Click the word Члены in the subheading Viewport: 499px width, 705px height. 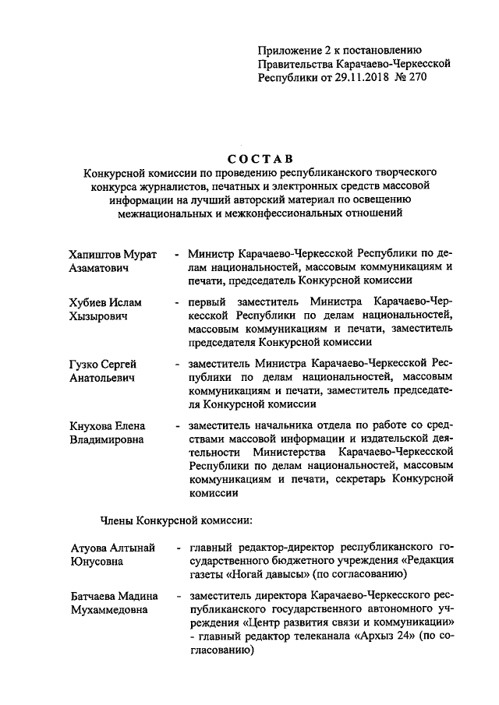119,519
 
